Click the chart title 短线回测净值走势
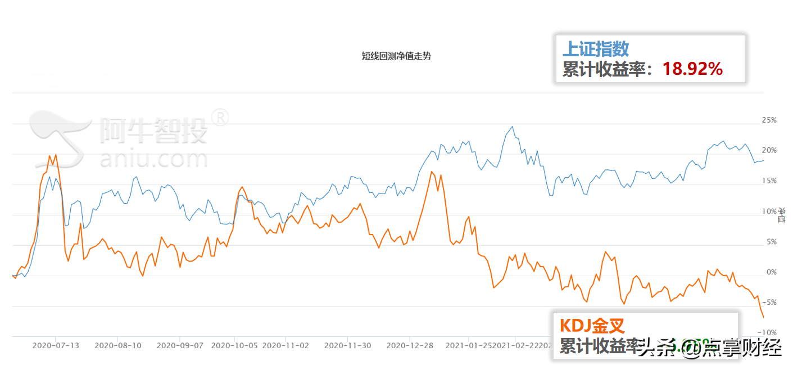coord(396,56)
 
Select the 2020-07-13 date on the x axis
coord(56,345)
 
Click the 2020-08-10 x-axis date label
coord(118,345)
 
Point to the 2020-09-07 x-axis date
coord(180,345)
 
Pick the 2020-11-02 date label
coord(286,345)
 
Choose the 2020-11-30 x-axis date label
coord(348,345)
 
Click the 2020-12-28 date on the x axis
coord(410,345)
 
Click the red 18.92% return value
coord(692,69)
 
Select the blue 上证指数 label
coord(595,49)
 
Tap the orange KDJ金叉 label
coord(592,326)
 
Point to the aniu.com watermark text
coord(153,158)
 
